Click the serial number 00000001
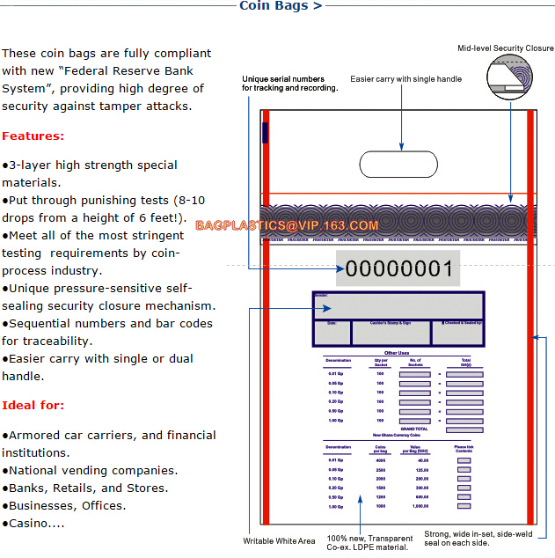tap(398, 269)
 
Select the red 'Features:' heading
tap(33, 136)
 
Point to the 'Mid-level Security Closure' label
tap(505, 48)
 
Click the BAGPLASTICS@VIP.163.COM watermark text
tap(287, 225)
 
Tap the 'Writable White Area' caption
tap(279, 541)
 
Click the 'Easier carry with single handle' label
tap(405, 79)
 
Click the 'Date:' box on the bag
tap(332, 332)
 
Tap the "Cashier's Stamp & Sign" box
tap(391, 332)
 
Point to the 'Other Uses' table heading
tap(398, 353)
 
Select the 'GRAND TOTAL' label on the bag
tap(413, 429)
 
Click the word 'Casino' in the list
tap(28, 523)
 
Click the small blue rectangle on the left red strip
tap(265, 133)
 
